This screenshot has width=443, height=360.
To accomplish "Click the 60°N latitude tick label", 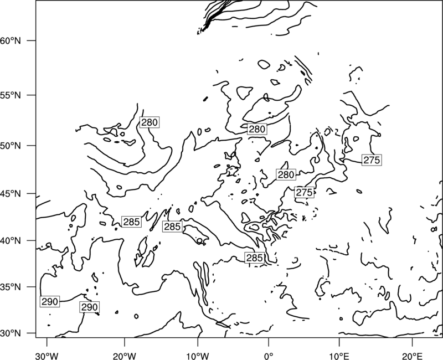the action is pos(11,40).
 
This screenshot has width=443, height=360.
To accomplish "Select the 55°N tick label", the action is pos(11,95).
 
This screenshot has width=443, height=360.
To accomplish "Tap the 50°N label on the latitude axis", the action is pos(11,146).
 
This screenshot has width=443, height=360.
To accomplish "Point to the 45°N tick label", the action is pos(11,193).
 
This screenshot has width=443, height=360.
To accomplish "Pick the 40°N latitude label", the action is pos(11,241).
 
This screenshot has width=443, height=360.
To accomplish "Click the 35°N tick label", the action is pos(11,287).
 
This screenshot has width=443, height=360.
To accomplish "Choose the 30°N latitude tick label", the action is pos(11,333).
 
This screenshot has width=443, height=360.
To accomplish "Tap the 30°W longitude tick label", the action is pos(47,356).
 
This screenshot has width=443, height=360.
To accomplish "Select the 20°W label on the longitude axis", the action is pos(124,356).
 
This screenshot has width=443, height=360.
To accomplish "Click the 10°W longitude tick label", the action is pos(198,356).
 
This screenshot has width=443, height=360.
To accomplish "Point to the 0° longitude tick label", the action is pos(269,356).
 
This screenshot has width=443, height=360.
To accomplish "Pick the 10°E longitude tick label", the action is pos(339,356).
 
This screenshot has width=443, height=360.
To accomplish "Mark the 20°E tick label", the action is pos(412,356).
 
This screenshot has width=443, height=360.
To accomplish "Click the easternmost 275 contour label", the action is pos(372,160).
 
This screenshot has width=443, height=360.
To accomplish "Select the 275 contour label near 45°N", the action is pos(304,192).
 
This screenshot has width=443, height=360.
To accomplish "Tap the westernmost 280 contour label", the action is pos(149,122).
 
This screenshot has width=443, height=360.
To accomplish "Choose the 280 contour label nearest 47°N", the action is pos(286,174).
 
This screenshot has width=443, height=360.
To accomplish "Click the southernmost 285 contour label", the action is pos(255,258).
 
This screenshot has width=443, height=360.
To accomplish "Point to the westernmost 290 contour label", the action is pos(50,302).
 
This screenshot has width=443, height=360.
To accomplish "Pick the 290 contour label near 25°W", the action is pos(89,307).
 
